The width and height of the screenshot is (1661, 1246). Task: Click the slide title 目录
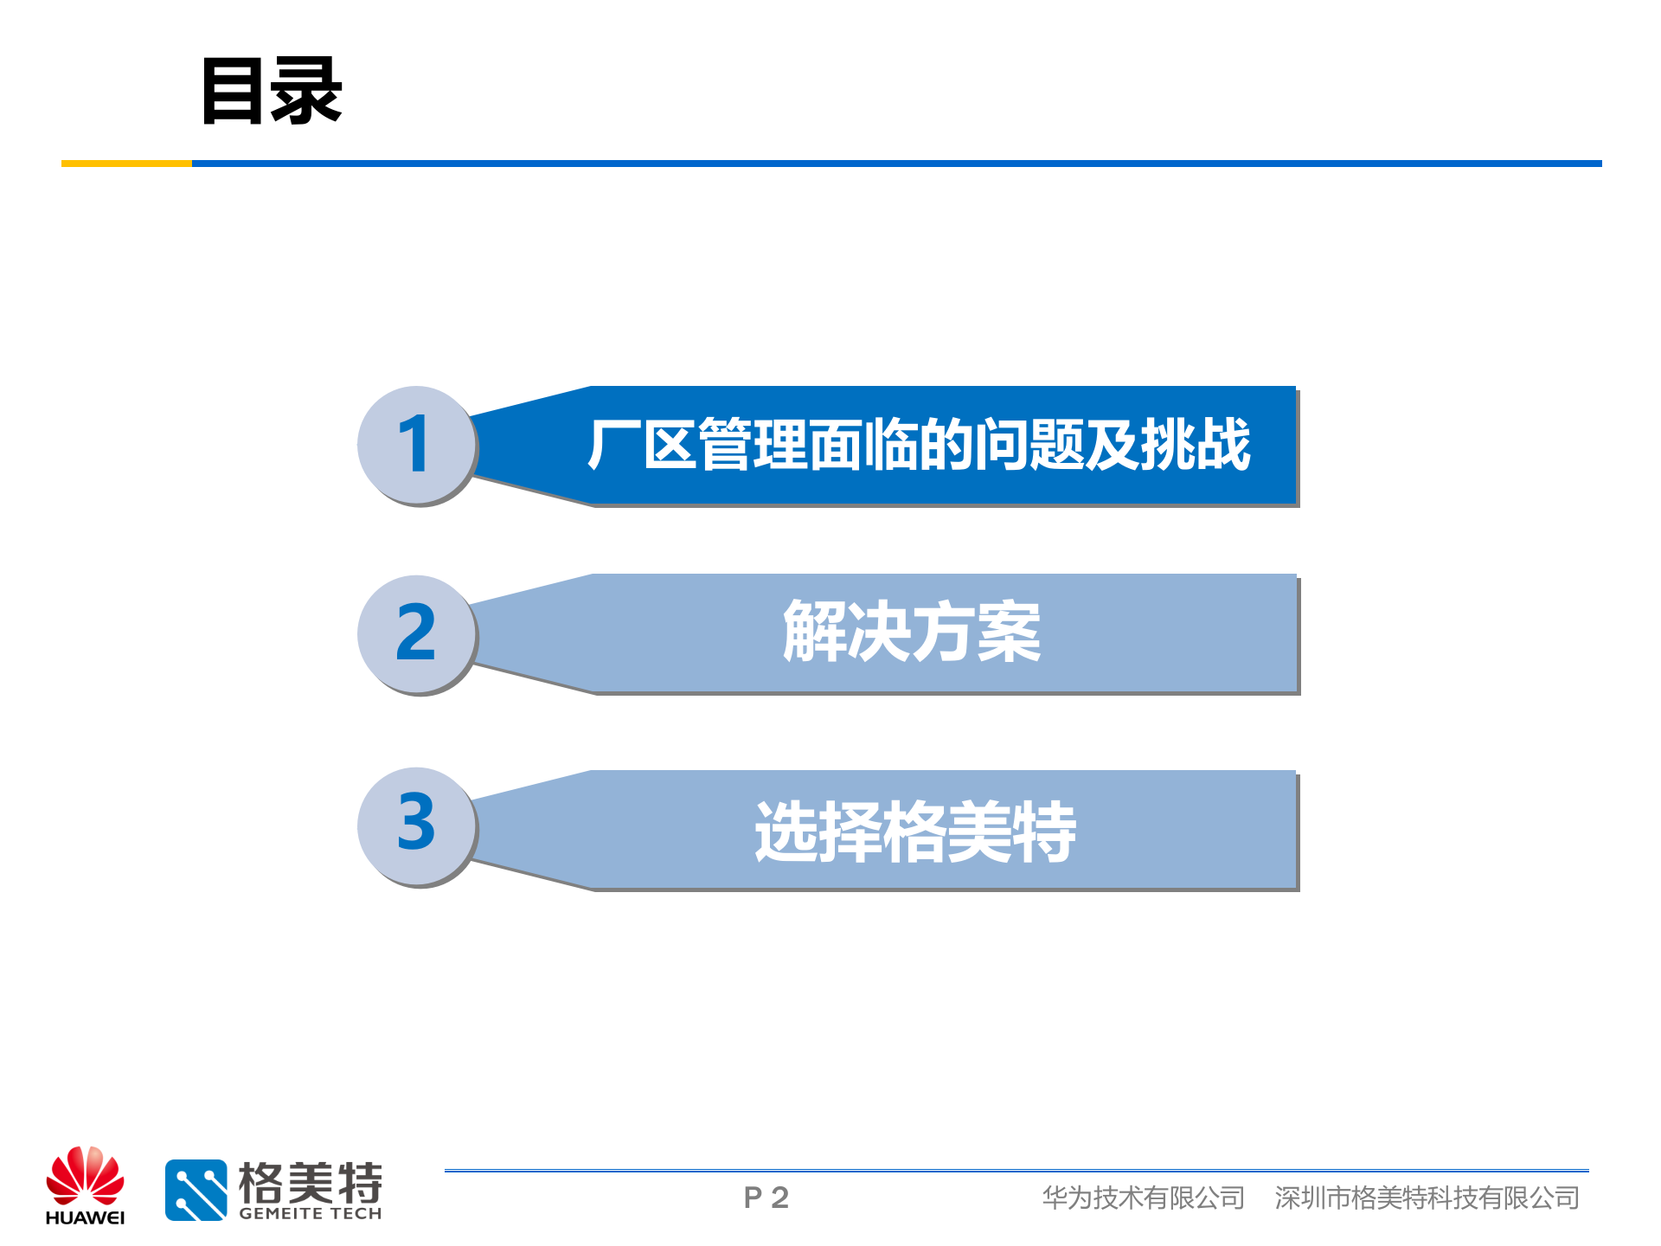click(x=272, y=91)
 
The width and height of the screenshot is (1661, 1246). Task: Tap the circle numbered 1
click(x=416, y=445)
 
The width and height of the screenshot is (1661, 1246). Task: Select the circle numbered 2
click(x=416, y=633)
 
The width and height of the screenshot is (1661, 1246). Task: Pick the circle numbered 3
click(x=416, y=825)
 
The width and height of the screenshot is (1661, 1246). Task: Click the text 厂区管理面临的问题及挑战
click(x=919, y=445)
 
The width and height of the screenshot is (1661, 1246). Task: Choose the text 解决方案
click(x=912, y=633)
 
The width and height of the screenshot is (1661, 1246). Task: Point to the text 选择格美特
click(x=915, y=832)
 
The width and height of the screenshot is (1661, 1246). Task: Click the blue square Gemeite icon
click(x=196, y=1190)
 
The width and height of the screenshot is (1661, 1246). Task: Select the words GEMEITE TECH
click(x=310, y=1214)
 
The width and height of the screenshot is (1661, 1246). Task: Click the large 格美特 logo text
click(x=310, y=1182)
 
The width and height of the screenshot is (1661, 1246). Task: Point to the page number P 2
click(x=766, y=1198)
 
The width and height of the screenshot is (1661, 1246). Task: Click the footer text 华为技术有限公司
click(x=1143, y=1198)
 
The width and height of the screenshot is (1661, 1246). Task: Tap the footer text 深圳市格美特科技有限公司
click(x=1427, y=1198)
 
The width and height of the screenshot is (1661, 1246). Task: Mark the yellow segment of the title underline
click(x=126, y=163)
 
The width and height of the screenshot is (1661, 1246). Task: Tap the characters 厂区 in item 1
click(x=642, y=445)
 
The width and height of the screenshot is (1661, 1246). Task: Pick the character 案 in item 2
click(x=1009, y=633)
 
